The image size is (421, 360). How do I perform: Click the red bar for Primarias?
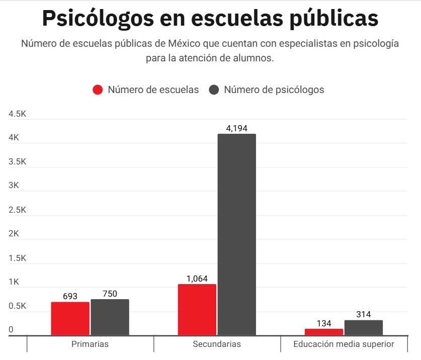click(x=70, y=318)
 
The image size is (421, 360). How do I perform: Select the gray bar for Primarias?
click(x=110, y=317)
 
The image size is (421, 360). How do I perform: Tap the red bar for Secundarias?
click(x=197, y=309)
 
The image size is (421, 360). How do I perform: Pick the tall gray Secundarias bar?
click(x=236, y=234)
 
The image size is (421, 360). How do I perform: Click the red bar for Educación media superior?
click(x=324, y=332)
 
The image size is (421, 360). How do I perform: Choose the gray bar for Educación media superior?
click(x=364, y=327)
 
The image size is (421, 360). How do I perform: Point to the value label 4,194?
click(x=237, y=128)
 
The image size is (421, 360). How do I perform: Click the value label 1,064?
click(x=197, y=279)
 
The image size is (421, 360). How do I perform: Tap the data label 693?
click(x=70, y=296)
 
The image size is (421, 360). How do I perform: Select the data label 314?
click(x=363, y=314)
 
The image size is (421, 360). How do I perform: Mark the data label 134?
click(x=324, y=323)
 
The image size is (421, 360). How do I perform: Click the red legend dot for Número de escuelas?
click(x=98, y=90)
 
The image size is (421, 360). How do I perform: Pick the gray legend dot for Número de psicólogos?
click(x=214, y=90)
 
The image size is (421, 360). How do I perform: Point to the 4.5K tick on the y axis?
click(x=17, y=114)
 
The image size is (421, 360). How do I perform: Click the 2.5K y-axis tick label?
click(x=17, y=210)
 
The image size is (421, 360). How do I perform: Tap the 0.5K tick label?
click(x=17, y=306)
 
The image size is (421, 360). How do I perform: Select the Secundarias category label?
click(x=217, y=344)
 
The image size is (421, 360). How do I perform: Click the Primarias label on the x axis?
click(x=90, y=344)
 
